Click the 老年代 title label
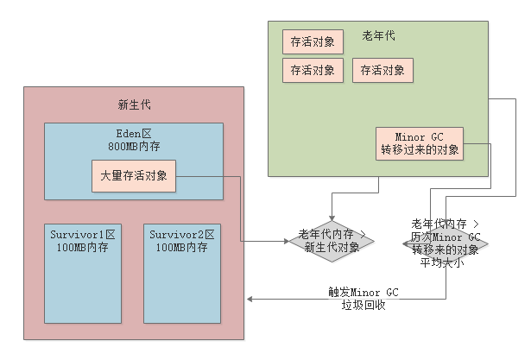click(378, 36)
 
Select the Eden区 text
click(134, 135)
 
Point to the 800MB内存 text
click(134, 147)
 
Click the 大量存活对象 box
click(134, 176)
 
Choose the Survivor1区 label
click(83, 234)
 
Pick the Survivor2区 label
click(181, 234)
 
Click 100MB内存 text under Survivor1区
click(83, 247)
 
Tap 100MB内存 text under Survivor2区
click(181, 247)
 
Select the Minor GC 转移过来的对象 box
click(419, 143)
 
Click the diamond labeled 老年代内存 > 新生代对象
click(332, 240)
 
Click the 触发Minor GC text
click(363, 292)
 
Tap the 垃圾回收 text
click(363, 305)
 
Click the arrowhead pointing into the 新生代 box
click(251, 300)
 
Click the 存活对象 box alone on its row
click(312, 41)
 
